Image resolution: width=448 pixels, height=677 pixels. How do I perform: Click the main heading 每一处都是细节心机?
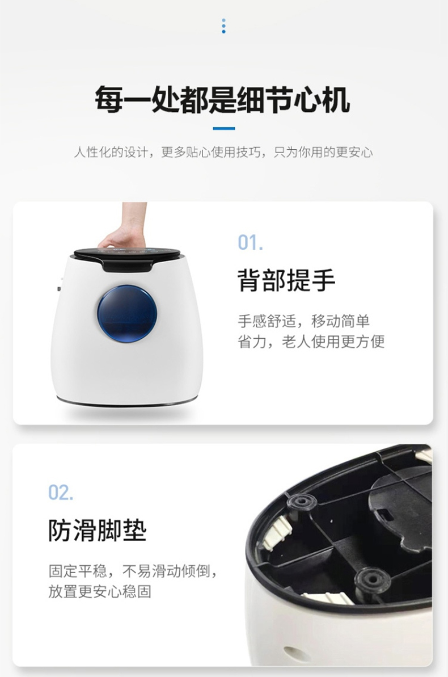pos(223,100)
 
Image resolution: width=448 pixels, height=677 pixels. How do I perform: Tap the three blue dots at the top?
pos(223,26)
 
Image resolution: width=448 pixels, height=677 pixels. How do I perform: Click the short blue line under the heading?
pos(224,128)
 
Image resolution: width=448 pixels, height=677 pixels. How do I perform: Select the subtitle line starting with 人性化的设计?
pos(223,152)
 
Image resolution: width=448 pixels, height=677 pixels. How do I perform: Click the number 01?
pos(250,243)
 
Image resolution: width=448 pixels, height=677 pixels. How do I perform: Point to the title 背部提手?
pos(286,280)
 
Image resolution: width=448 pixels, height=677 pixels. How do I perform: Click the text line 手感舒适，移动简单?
pos(304,321)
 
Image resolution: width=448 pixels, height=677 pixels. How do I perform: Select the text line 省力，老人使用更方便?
pos(311,342)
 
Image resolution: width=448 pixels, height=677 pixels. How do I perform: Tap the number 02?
pos(61,492)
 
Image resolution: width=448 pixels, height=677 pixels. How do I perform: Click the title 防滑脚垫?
pos(97,530)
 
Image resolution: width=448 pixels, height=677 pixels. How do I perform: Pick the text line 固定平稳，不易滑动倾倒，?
pos(133,571)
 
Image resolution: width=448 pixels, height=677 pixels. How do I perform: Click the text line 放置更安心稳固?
pos(100,591)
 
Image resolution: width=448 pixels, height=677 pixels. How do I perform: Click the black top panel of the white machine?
pos(127,257)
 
